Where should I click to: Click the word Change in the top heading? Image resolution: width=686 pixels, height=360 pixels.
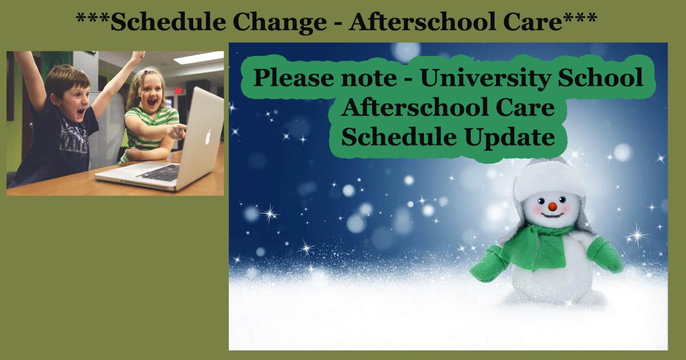tap(280, 23)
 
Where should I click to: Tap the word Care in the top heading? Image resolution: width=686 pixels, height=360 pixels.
tap(533, 22)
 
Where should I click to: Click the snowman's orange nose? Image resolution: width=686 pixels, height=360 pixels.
tap(552, 207)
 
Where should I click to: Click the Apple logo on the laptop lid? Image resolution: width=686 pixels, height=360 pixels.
tap(208, 137)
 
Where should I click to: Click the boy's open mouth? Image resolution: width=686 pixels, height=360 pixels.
tap(81, 112)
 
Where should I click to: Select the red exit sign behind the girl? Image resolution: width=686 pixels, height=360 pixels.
tap(178, 91)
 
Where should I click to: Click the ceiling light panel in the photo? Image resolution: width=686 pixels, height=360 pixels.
tap(199, 58)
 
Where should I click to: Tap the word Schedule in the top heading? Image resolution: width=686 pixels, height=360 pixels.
tap(168, 22)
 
